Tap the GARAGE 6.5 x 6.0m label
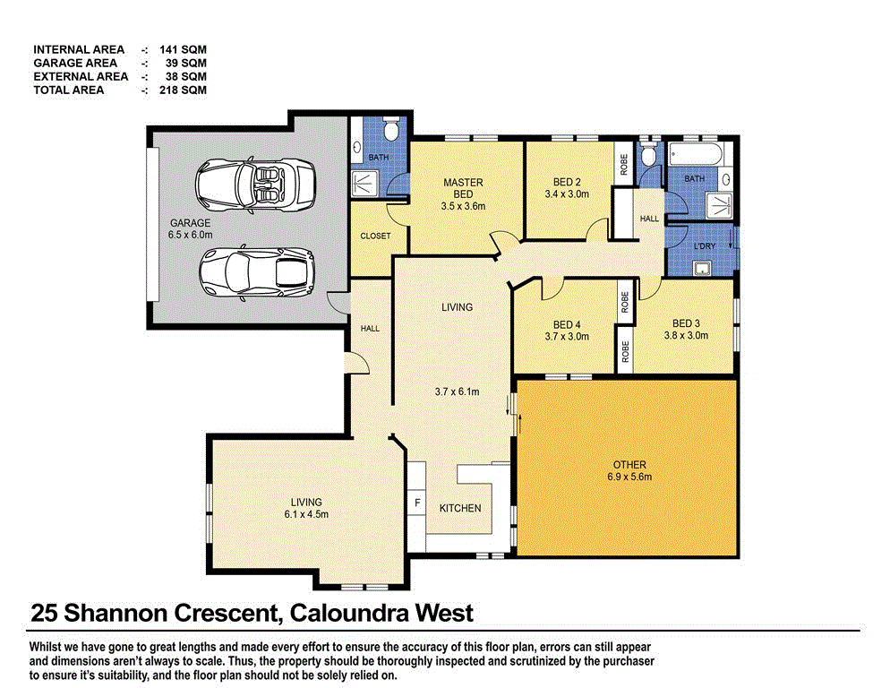click(189, 229)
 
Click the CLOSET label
click(375, 236)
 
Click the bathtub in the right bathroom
click(694, 154)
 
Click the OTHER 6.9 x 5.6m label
click(629, 471)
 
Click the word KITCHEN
click(459, 508)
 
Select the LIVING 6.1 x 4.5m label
click(306, 508)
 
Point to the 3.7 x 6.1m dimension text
click(458, 391)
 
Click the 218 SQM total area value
click(184, 90)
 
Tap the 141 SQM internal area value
click(184, 49)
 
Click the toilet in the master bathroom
click(390, 132)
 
